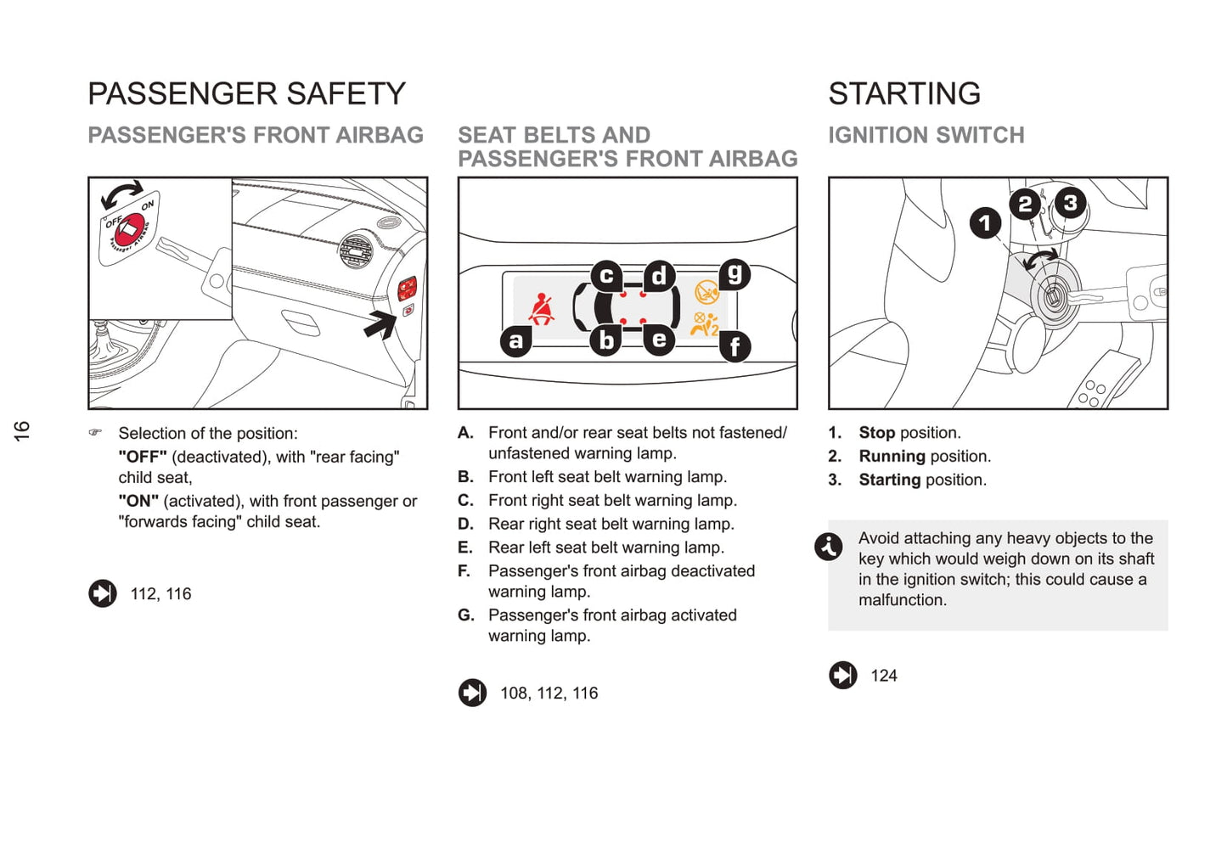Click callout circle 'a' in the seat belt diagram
[x=516, y=340]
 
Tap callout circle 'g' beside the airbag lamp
[x=735, y=274]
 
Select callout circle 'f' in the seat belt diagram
[x=735, y=345]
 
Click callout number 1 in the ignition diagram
[x=985, y=223]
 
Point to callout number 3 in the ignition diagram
[x=1070, y=203]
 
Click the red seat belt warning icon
[x=541, y=310]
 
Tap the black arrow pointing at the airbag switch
[x=381, y=323]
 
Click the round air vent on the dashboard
[x=356, y=250]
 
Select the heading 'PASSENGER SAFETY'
[x=247, y=93]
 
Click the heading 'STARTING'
[x=904, y=93]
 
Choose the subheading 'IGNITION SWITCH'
[x=926, y=135]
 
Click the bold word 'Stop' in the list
[x=877, y=433]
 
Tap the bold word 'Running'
[x=892, y=457]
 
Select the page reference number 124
[x=884, y=676]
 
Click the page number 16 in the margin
[x=22, y=430]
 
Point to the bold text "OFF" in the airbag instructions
[x=143, y=458]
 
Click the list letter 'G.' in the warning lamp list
[x=466, y=615]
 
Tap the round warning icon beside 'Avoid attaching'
[x=829, y=547]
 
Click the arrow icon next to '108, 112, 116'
[x=473, y=693]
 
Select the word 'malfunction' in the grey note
[x=901, y=600]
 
